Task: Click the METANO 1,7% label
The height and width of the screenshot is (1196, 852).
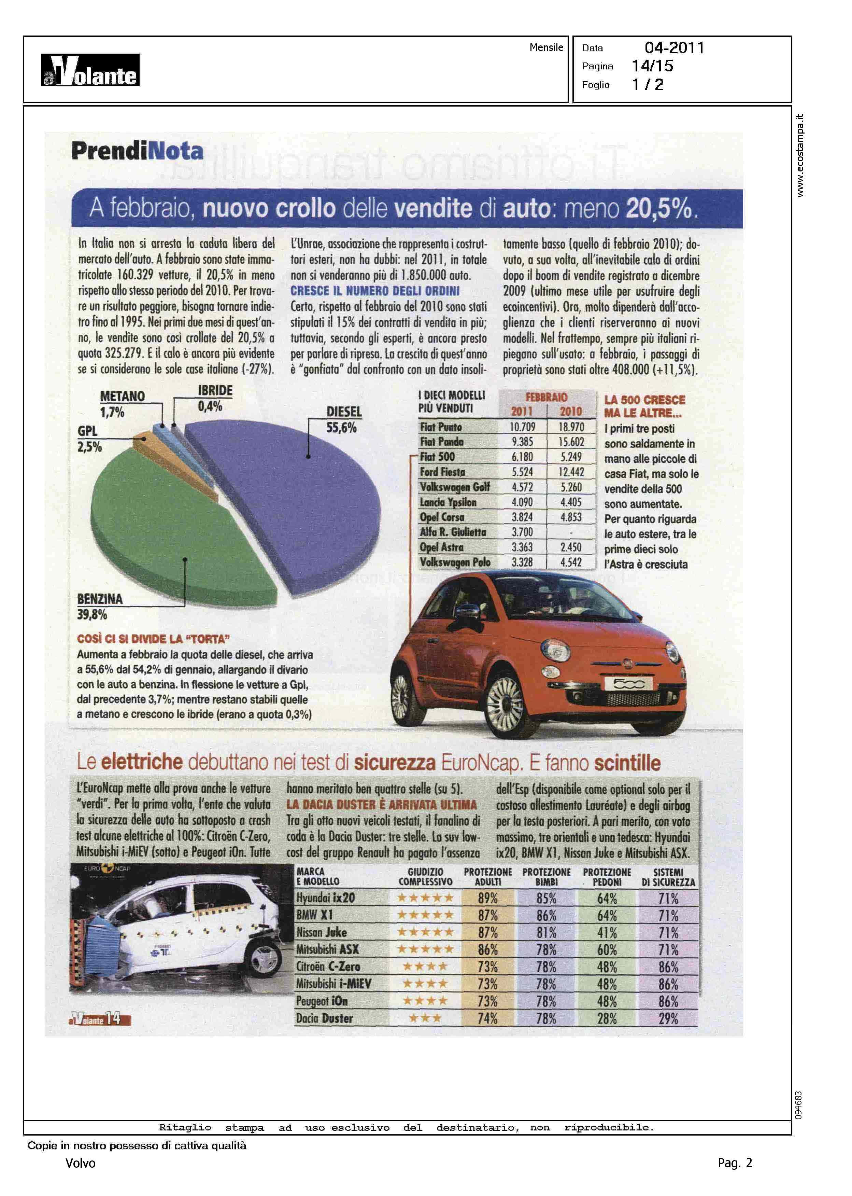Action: coord(122,404)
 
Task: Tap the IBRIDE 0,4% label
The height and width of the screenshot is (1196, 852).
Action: coord(215,398)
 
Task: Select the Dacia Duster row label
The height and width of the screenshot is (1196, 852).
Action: coord(324,1019)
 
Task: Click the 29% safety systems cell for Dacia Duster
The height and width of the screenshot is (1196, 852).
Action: coord(668,1019)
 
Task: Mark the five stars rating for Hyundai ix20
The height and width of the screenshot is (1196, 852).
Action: coord(425,898)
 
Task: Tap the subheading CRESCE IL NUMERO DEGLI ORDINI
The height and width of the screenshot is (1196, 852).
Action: coord(374,291)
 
